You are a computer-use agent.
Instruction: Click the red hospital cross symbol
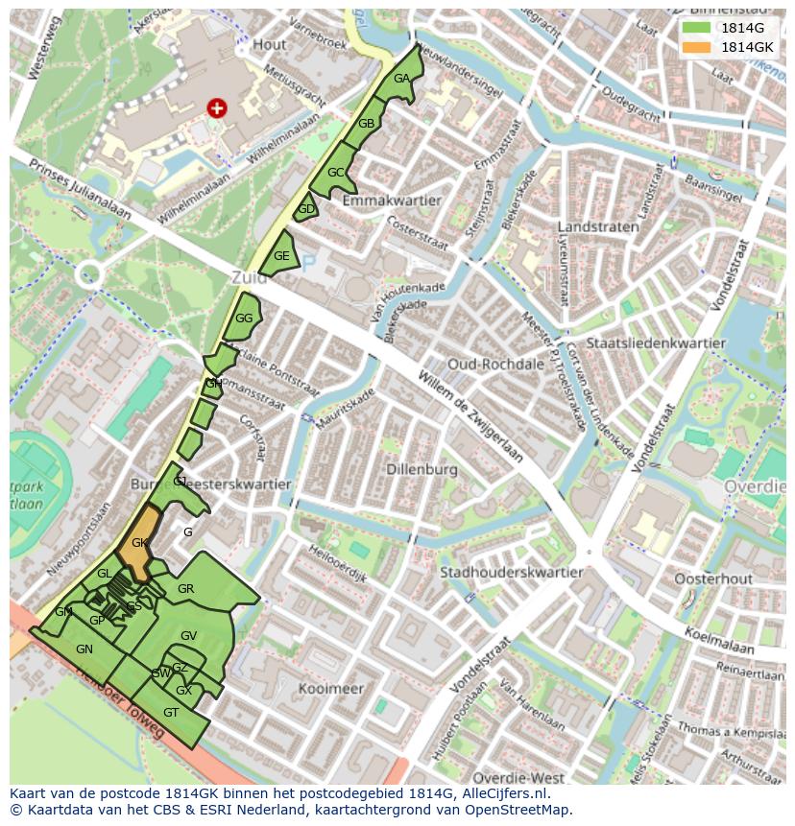point(217,108)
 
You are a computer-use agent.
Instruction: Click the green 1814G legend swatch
point(697,28)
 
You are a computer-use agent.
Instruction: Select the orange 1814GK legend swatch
point(697,47)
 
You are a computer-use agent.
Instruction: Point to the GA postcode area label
point(401,79)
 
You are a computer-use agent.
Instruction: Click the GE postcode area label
point(281,256)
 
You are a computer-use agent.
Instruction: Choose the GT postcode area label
point(171,713)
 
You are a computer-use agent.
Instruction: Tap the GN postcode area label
point(84,649)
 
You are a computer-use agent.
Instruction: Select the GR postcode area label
point(186,589)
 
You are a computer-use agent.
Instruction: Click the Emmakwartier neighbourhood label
point(391,201)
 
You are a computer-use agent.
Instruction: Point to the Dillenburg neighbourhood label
point(422,470)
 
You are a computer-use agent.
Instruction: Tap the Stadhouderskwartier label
point(511,573)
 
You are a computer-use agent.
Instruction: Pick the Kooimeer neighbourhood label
point(331,689)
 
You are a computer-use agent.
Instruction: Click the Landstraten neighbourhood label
point(598,227)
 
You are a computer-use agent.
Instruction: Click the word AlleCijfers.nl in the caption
point(515,793)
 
